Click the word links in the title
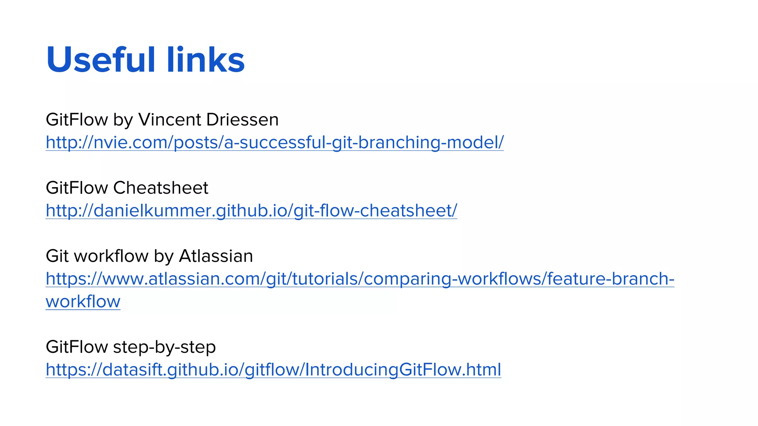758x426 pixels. click(x=205, y=60)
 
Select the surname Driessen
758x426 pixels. click(x=242, y=120)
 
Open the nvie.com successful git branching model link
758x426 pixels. click(x=275, y=142)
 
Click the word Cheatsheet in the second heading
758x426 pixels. click(x=161, y=188)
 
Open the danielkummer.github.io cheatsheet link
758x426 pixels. click(x=251, y=211)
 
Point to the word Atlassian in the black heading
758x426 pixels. click(x=216, y=256)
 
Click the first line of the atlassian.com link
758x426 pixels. click(x=360, y=279)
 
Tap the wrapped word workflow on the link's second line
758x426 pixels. click(x=83, y=302)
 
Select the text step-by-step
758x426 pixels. click(x=164, y=347)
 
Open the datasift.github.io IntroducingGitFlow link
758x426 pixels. click(x=273, y=370)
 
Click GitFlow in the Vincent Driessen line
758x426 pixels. click(x=77, y=120)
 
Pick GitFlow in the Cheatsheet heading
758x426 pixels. click(x=77, y=188)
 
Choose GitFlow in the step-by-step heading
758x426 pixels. click(x=77, y=347)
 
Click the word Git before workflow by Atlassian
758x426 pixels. click(x=57, y=256)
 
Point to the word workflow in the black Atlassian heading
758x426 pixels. click(x=111, y=256)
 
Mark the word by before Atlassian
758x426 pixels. click(x=164, y=256)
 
